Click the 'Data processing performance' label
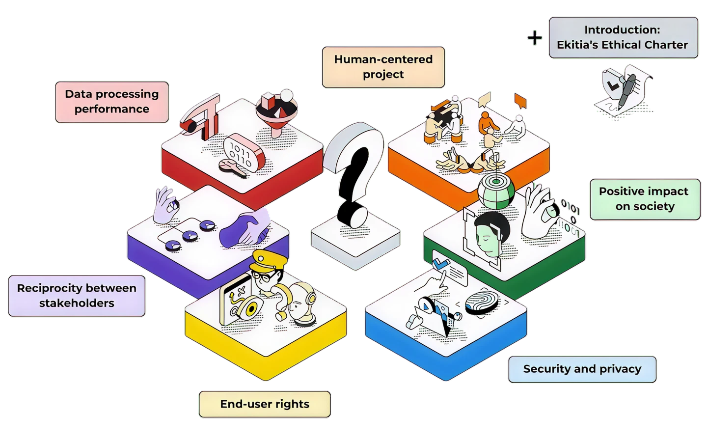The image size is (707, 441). click(x=112, y=102)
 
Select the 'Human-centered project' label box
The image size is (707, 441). click(x=383, y=67)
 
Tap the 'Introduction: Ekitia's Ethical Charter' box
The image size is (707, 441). click(x=623, y=37)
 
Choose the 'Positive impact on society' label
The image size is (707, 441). click(x=644, y=199)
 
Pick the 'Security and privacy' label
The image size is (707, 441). click(x=582, y=369)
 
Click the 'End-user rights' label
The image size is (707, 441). click(x=265, y=404)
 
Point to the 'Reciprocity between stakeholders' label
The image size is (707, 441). click(x=77, y=296)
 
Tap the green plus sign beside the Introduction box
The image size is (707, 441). click(x=534, y=38)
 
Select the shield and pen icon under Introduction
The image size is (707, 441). click(x=620, y=91)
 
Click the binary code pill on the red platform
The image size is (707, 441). click(x=243, y=152)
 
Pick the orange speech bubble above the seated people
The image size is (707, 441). click(x=520, y=101)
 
